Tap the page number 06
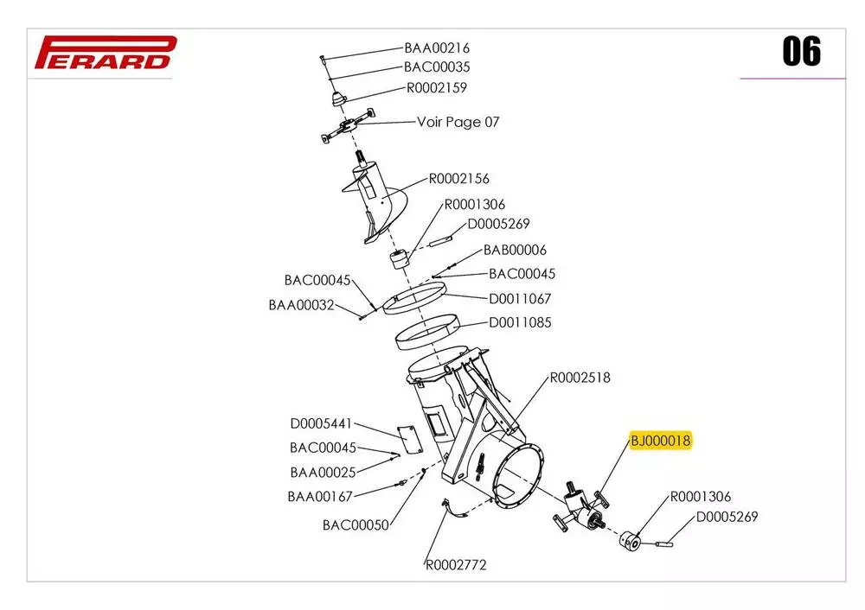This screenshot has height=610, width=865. click(801, 52)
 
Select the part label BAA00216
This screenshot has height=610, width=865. click(437, 48)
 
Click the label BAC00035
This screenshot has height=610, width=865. click(437, 67)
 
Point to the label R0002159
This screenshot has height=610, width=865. click(437, 88)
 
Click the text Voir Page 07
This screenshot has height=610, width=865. click(458, 122)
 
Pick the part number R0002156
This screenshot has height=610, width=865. click(459, 179)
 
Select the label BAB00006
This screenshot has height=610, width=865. click(515, 251)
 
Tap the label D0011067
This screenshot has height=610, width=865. click(520, 299)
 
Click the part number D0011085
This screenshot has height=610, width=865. click(520, 323)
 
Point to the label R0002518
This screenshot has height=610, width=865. click(580, 378)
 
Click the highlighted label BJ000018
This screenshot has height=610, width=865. click(661, 442)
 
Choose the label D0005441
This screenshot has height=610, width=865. click(321, 424)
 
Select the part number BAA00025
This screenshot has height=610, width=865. click(323, 473)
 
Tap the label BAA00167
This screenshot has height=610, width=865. click(320, 497)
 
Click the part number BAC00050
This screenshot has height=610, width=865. click(356, 524)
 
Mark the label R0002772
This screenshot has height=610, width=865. click(456, 566)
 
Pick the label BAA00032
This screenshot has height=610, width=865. click(301, 305)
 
